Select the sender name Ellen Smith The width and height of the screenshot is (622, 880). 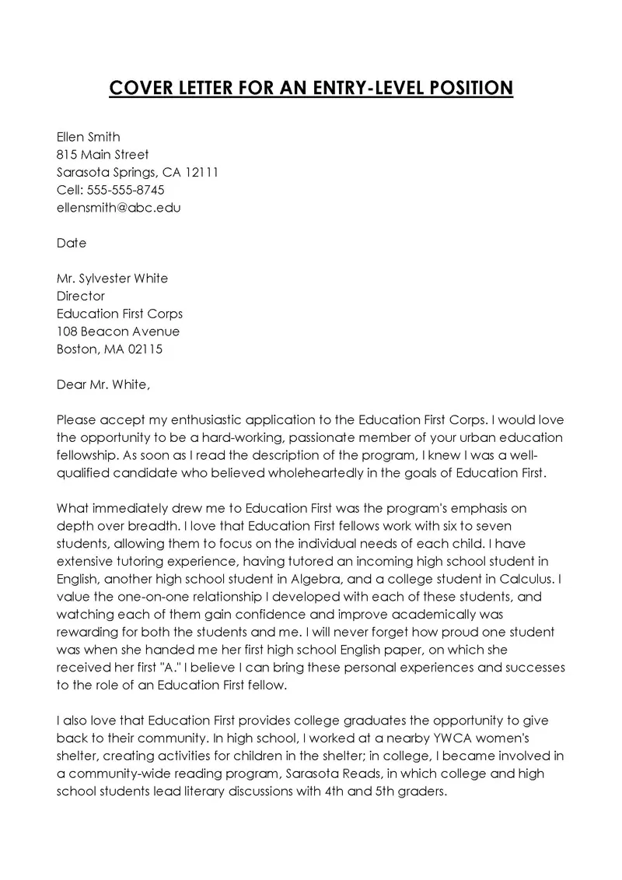pyautogui.click(x=89, y=137)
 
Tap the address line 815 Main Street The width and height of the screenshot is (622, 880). pyautogui.click(x=103, y=155)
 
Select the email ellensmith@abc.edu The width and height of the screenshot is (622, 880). pyautogui.click(x=118, y=208)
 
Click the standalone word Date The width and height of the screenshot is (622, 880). pyautogui.click(x=72, y=243)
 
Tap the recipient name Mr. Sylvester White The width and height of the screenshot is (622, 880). pyautogui.click(x=112, y=279)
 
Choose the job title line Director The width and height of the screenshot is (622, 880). pyautogui.click(x=81, y=296)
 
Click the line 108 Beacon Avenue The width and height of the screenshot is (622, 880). pyautogui.click(x=118, y=331)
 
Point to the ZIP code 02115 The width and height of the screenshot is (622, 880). pyautogui.click(x=143, y=349)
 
